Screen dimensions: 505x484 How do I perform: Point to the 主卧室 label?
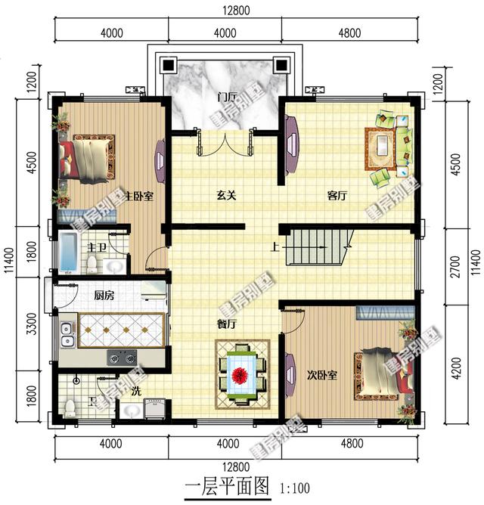(139, 196)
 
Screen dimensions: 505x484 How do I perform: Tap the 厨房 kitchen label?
(104, 295)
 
